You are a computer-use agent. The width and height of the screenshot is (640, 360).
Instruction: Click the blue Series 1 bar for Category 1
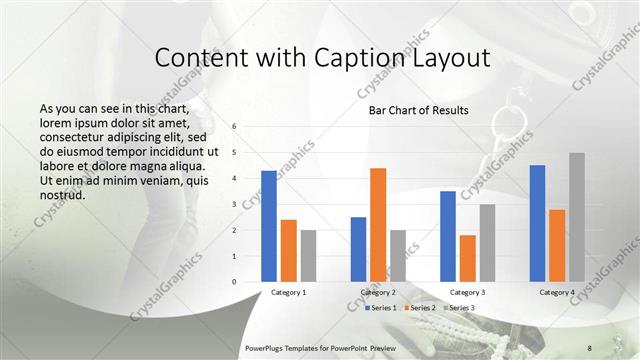pos(269,226)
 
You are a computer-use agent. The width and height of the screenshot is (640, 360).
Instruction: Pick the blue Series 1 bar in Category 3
pos(448,236)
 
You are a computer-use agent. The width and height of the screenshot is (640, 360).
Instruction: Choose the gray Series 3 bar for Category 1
pos(308,256)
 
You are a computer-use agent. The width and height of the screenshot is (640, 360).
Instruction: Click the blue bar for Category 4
pos(537,223)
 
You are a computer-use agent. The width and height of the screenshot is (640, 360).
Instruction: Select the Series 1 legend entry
pos(383,308)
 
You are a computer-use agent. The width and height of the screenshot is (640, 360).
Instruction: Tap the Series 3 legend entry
pos(461,308)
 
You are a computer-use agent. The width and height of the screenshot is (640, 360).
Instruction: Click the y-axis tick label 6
pos(233,127)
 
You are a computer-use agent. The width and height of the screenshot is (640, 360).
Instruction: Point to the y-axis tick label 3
pos(233,204)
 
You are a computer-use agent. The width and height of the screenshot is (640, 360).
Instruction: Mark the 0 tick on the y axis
pos(233,282)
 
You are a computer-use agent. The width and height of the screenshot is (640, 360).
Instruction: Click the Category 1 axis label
pos(289,292)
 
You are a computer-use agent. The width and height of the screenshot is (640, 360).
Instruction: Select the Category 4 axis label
pos(557,292)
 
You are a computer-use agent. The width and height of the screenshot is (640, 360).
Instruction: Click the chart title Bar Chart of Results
pos(412,110)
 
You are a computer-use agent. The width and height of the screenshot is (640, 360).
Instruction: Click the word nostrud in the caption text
pos(62,194)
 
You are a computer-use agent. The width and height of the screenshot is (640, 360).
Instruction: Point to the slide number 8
pos(590,347)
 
